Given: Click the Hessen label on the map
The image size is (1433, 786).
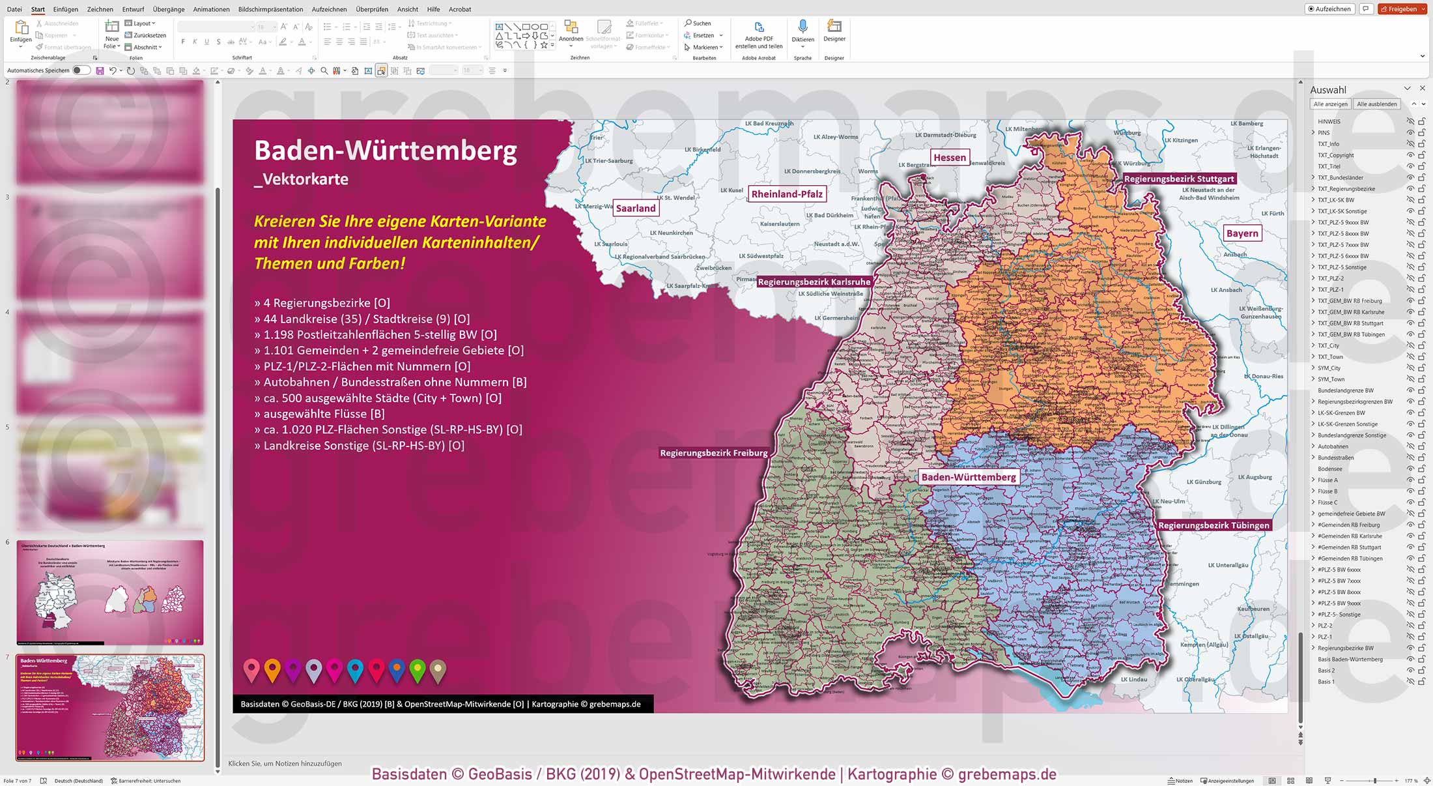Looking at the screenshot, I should point(949,157).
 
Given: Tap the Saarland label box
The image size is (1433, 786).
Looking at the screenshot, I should point(635,208).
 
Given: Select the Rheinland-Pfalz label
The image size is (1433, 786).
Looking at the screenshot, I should point(786,194).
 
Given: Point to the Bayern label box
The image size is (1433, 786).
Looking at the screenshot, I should point(1241,233).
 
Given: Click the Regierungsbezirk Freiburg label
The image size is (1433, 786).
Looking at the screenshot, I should point(713,453).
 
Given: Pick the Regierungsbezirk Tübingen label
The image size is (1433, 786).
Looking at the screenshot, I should point(1213,525).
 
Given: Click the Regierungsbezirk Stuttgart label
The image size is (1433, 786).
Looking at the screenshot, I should point(1178,179).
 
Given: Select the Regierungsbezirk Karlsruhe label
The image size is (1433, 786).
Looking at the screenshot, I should point(814,282).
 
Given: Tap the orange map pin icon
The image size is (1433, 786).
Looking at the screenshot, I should point(272,669).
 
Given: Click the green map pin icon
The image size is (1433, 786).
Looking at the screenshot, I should point(418,669).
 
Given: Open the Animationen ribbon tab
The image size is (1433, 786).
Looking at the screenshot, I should point(211,9).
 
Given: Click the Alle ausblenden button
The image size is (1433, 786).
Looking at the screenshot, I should point(1376,104).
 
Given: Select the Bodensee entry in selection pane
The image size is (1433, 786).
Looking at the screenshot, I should point(1329,469).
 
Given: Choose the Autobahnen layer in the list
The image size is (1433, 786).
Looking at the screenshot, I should point(1333,446).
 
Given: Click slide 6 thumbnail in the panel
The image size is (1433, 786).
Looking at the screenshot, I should point(109,592).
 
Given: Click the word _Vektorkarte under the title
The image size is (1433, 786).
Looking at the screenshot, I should point(301,179).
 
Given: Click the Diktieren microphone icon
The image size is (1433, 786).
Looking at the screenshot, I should point(802,27).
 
